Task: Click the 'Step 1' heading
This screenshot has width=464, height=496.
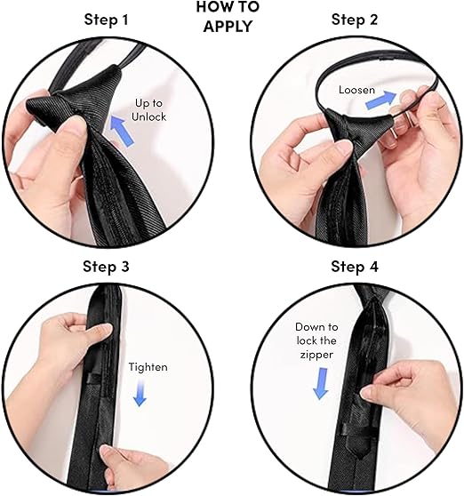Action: coord(107,20)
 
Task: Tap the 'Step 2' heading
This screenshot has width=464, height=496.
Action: coord(355,20)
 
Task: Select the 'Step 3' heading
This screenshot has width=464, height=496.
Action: coord(106,267)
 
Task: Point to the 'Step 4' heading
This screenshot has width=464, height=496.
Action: coord(355,267)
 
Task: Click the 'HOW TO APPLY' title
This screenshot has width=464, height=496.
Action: coord(228,17)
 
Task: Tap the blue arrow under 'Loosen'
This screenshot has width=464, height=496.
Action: coord(380,100)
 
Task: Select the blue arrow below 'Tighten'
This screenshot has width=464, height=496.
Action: coord(140,393)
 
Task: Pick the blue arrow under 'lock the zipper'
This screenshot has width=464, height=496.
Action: coord(321,383)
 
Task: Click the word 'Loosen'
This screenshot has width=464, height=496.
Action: coord(356,90)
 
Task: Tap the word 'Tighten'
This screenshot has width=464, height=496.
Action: coord(148,367)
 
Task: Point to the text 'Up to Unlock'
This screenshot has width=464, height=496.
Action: coord(148,109)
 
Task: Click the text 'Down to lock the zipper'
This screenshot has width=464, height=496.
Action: coord(316,340)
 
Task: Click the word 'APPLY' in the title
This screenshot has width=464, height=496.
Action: coord(228,26)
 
